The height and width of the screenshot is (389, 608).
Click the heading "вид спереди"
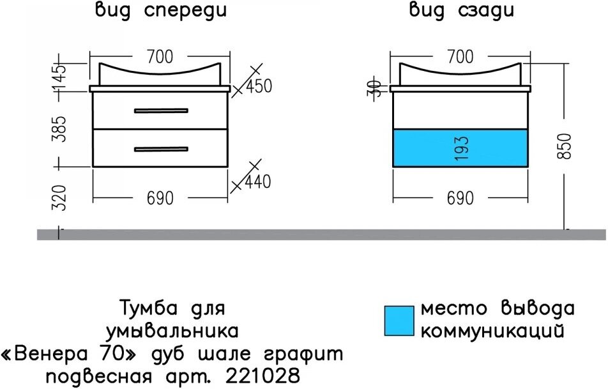160,11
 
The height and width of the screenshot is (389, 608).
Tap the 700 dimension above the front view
160,57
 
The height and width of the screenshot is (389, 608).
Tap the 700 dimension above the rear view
460,57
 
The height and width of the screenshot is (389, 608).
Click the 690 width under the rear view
460,199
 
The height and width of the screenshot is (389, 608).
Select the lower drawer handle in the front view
161,149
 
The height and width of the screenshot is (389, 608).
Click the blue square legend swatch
399,320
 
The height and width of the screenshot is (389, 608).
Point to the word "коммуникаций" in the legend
492,331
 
